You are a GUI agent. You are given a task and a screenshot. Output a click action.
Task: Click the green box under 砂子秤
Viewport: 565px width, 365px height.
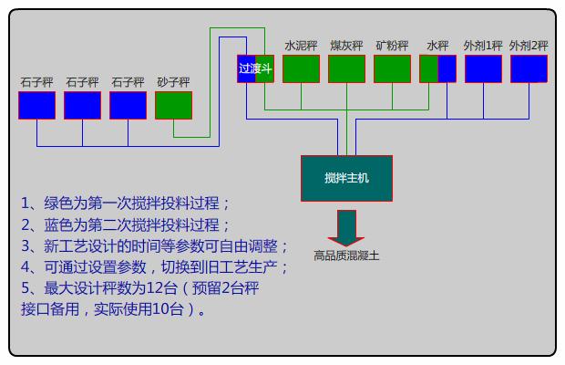[173, 105]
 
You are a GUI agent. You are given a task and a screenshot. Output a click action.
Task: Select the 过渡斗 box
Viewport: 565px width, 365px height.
[255, 68]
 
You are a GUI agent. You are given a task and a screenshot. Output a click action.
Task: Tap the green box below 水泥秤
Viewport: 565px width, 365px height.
[301, 68]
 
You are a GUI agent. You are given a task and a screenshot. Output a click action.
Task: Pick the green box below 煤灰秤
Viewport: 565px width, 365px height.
[346, 68]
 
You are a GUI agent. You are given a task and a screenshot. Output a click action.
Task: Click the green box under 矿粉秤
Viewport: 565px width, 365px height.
[392, 68]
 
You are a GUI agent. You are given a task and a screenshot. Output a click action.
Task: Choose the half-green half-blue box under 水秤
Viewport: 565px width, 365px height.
[437, 68]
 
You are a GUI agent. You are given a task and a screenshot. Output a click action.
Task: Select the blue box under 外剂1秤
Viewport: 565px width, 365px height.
[483, 68]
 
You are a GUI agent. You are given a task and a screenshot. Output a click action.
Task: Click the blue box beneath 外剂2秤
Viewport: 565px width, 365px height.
[529, 68]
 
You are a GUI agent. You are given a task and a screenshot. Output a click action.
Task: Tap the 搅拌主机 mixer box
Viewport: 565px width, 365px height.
[346, 178]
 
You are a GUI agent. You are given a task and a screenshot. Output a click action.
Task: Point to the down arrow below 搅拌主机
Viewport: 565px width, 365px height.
[346, 225]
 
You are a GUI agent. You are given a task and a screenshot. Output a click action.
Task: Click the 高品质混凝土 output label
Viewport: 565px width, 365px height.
[346, 255]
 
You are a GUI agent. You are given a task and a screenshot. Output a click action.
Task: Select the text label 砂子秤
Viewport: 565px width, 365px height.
[173, 82]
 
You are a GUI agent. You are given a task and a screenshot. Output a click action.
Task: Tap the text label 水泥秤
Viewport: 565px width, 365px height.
[301, 45]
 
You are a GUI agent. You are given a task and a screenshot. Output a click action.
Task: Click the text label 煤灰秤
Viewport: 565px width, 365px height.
[346, 45]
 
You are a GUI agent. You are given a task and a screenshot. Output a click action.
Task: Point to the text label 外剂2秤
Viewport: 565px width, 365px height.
[529, 45]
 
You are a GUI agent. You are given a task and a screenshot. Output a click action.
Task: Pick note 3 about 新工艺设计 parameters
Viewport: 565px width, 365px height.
[155, 246]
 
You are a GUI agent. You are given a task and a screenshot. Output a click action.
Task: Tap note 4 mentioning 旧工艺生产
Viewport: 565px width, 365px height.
[155, 267]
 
